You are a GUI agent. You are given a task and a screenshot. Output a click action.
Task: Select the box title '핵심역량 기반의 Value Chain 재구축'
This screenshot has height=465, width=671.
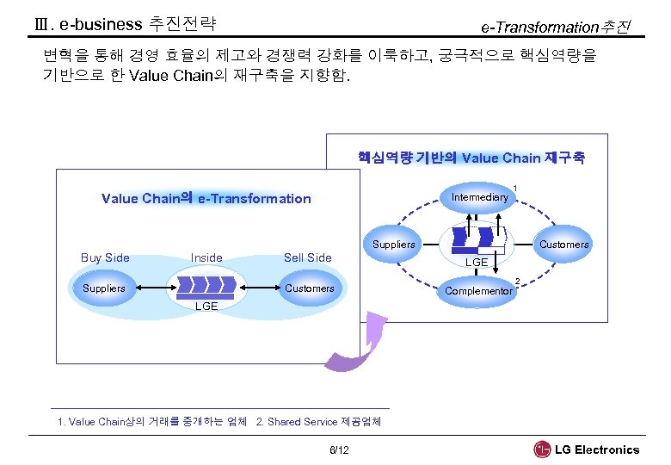(471, 158)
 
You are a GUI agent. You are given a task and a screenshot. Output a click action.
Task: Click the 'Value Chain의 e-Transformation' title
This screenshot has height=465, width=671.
(206, 199)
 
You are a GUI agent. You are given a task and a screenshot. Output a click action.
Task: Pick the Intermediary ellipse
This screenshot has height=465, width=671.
(479, 197)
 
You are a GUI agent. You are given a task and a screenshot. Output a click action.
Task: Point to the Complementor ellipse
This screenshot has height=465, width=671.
(478, 291)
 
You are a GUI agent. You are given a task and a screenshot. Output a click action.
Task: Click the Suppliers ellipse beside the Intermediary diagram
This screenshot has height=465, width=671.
(394, 245)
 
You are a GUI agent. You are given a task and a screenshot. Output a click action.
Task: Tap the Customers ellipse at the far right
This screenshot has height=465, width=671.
(563, 245)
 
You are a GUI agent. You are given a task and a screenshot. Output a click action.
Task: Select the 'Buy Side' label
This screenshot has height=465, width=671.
(105, 257)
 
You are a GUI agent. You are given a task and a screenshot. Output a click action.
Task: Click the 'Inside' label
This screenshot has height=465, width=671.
(206, 257)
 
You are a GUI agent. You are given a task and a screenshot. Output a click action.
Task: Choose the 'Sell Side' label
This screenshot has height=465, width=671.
(307, 257)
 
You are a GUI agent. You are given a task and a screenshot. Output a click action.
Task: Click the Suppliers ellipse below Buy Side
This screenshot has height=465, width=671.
(104, 288)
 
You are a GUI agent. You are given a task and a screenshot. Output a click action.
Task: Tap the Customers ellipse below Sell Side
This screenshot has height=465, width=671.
(309, 288)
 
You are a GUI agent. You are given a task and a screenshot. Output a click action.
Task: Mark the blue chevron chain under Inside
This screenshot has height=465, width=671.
(206, 285)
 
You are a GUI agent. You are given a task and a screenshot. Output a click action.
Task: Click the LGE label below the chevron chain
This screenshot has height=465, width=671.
(206, 307)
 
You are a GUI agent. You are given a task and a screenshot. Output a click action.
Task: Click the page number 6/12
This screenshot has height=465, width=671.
(339, 450)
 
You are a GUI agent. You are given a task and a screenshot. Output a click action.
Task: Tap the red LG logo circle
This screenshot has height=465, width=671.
(542, 449)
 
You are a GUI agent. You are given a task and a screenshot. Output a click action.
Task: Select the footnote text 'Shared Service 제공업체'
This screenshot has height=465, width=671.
(324, 422)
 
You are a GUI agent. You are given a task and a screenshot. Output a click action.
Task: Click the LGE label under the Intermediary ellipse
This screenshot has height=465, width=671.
(477, 262)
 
